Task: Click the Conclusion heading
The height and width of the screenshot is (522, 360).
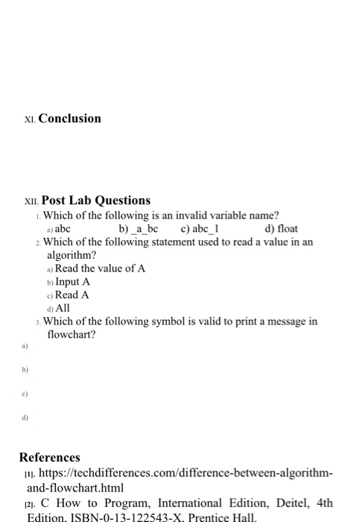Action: coord(69,119)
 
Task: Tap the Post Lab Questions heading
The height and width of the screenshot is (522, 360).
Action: coord(95,201)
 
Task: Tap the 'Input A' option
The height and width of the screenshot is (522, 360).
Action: coord(72,282)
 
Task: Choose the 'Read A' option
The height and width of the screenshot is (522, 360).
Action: coord(72,295)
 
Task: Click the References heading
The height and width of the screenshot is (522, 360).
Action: coord(50,457)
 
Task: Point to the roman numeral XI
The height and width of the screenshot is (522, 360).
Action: coord(28,119)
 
